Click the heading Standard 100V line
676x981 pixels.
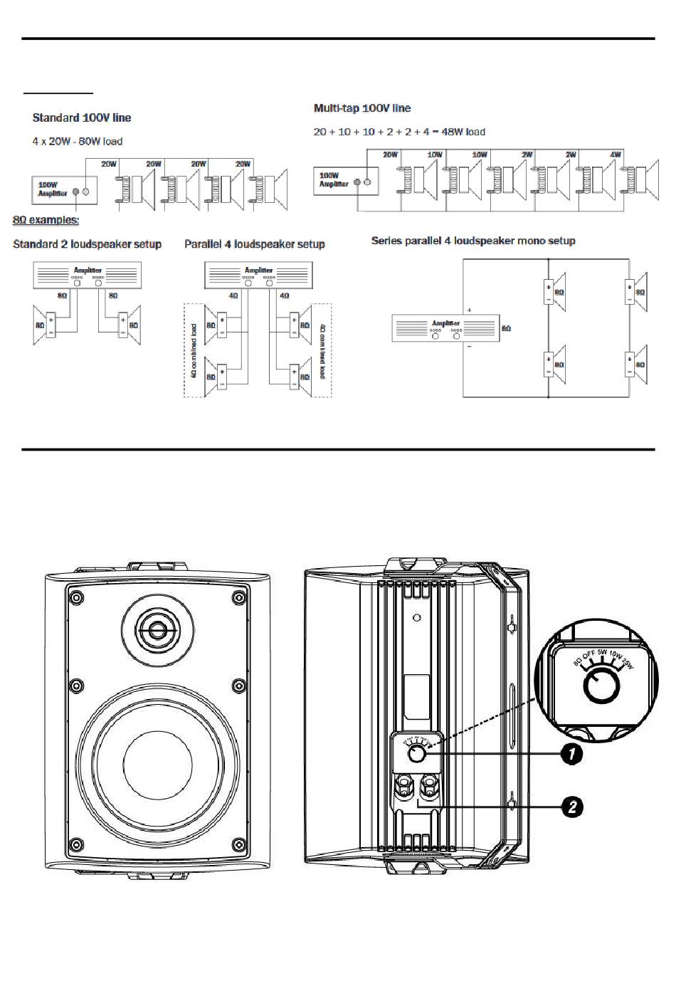tap(82, 117)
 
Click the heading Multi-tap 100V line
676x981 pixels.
tap(362, 108)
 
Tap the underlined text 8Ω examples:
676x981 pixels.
tap(46, 221)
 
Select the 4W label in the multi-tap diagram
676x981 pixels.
tap(616, 154)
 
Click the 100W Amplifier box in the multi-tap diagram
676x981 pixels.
tap(346, 180)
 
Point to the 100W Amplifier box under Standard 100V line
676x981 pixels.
tap(64, 190)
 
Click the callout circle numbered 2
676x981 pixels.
tap(571, 807)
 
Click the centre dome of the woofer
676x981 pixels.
tap(157, 769)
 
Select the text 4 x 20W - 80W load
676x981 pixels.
tap(77, 142)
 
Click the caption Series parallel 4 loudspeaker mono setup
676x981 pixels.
tap(473, 241)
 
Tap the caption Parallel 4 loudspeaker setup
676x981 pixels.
tap(254, 244)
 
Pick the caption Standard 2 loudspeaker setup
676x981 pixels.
tap(87, 244)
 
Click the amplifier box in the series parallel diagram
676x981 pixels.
tap(445, 328)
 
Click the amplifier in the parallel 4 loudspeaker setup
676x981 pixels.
tap(258, 275)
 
